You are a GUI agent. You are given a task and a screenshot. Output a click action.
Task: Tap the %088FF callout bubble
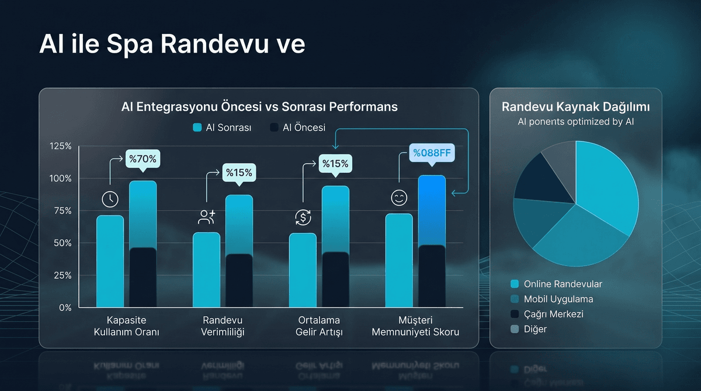click(x=433, y=153)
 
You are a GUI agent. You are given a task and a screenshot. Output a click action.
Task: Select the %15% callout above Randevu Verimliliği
click(x=238, y=173)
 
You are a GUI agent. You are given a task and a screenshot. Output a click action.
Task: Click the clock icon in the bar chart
click(x=110, y=199)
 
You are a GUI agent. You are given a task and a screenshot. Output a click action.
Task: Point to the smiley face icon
click(x=399, y=198)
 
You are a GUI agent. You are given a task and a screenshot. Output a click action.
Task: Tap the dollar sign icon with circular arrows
click(x=303, y=218)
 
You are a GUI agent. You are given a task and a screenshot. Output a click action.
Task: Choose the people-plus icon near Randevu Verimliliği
click(x=207, y=217)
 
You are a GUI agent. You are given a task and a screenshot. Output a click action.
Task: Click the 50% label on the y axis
click(x=61, y=243)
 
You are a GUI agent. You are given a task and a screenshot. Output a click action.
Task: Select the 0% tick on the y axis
click(x=64, y=307)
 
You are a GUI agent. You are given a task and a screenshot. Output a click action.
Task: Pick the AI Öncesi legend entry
click(x=297, y=127)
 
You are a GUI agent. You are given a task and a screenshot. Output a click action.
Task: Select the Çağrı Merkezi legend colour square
click(x=515, y=314)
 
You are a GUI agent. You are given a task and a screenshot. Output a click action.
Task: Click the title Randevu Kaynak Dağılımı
click(x=575, y=108)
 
